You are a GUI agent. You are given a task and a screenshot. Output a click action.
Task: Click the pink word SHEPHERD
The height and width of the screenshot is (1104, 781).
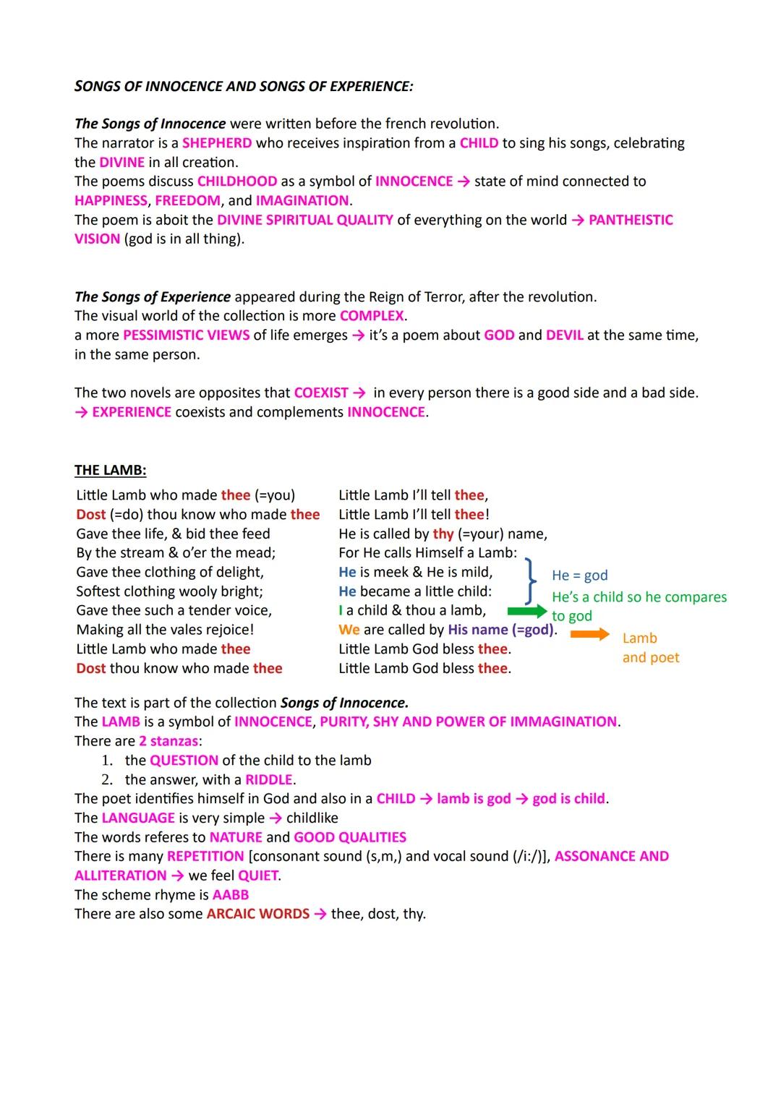tap(217, 143)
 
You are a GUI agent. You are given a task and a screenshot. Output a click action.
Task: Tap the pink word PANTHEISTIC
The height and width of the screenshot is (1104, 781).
tap(631, 220)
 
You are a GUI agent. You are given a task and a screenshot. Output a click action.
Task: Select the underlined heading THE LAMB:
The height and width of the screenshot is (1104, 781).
tap(111, 471)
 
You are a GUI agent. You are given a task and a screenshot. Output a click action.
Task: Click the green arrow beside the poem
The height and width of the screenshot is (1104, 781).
tap(527, 612)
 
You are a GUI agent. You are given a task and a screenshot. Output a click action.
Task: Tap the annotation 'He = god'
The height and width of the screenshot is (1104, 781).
tap(579, 575)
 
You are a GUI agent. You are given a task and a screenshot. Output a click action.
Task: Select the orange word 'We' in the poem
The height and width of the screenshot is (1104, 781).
tap(349, 630)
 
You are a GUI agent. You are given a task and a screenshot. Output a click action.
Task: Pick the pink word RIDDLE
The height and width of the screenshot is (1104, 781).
tap(269, 780)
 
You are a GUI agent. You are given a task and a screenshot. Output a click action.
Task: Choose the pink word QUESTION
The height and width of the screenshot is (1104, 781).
tap(184, 761)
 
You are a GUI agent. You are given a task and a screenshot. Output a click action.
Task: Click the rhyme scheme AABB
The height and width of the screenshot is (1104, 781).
tap(231, 895)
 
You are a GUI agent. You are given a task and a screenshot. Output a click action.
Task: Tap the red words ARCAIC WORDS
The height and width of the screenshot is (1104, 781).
tap(257, 914)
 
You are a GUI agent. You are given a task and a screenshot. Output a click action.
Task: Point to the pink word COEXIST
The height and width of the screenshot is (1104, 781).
tap(321, 393)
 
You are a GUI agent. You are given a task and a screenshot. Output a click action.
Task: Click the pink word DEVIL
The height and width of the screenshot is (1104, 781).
tap(564, 335)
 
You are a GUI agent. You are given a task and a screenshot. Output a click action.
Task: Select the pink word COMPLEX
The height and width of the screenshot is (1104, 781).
tap(372, 316)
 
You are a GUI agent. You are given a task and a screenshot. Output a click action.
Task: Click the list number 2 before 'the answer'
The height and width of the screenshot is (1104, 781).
tap(107, 780)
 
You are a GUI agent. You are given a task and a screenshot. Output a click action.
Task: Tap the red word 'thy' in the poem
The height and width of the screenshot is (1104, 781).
tap(443, 534)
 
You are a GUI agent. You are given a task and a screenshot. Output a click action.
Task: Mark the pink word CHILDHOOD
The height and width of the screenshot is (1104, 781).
tap(237, 181)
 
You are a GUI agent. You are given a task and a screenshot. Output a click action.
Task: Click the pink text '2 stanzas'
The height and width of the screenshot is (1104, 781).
tap(168, 741)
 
